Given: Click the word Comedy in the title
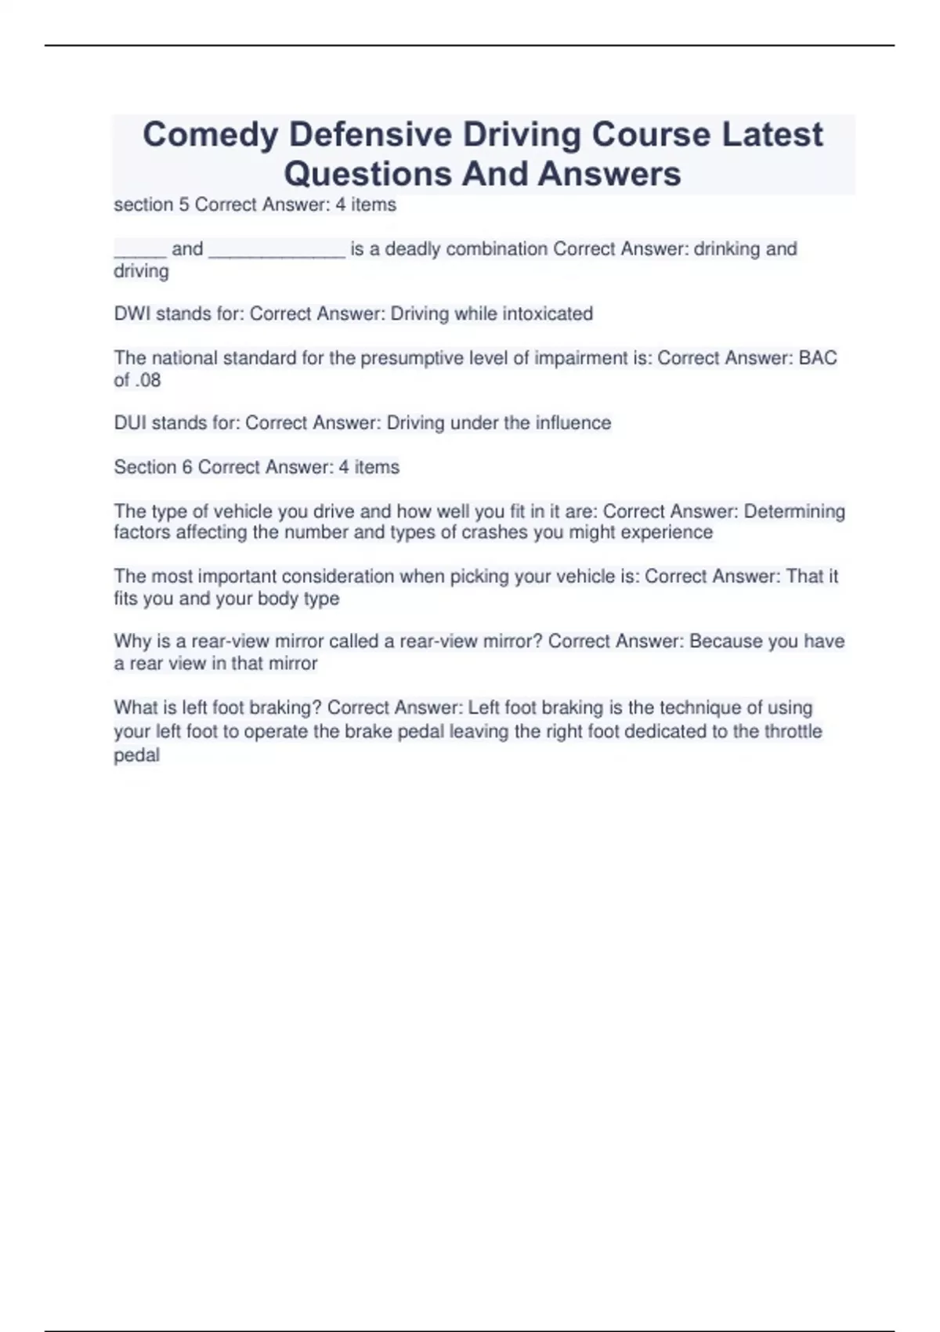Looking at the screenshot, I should point(210,136).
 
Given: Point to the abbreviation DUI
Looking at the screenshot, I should point(130,423).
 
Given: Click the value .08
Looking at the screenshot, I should point(147,381).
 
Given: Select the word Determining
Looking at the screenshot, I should point(794,512).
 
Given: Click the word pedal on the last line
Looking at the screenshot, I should point(137,755).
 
